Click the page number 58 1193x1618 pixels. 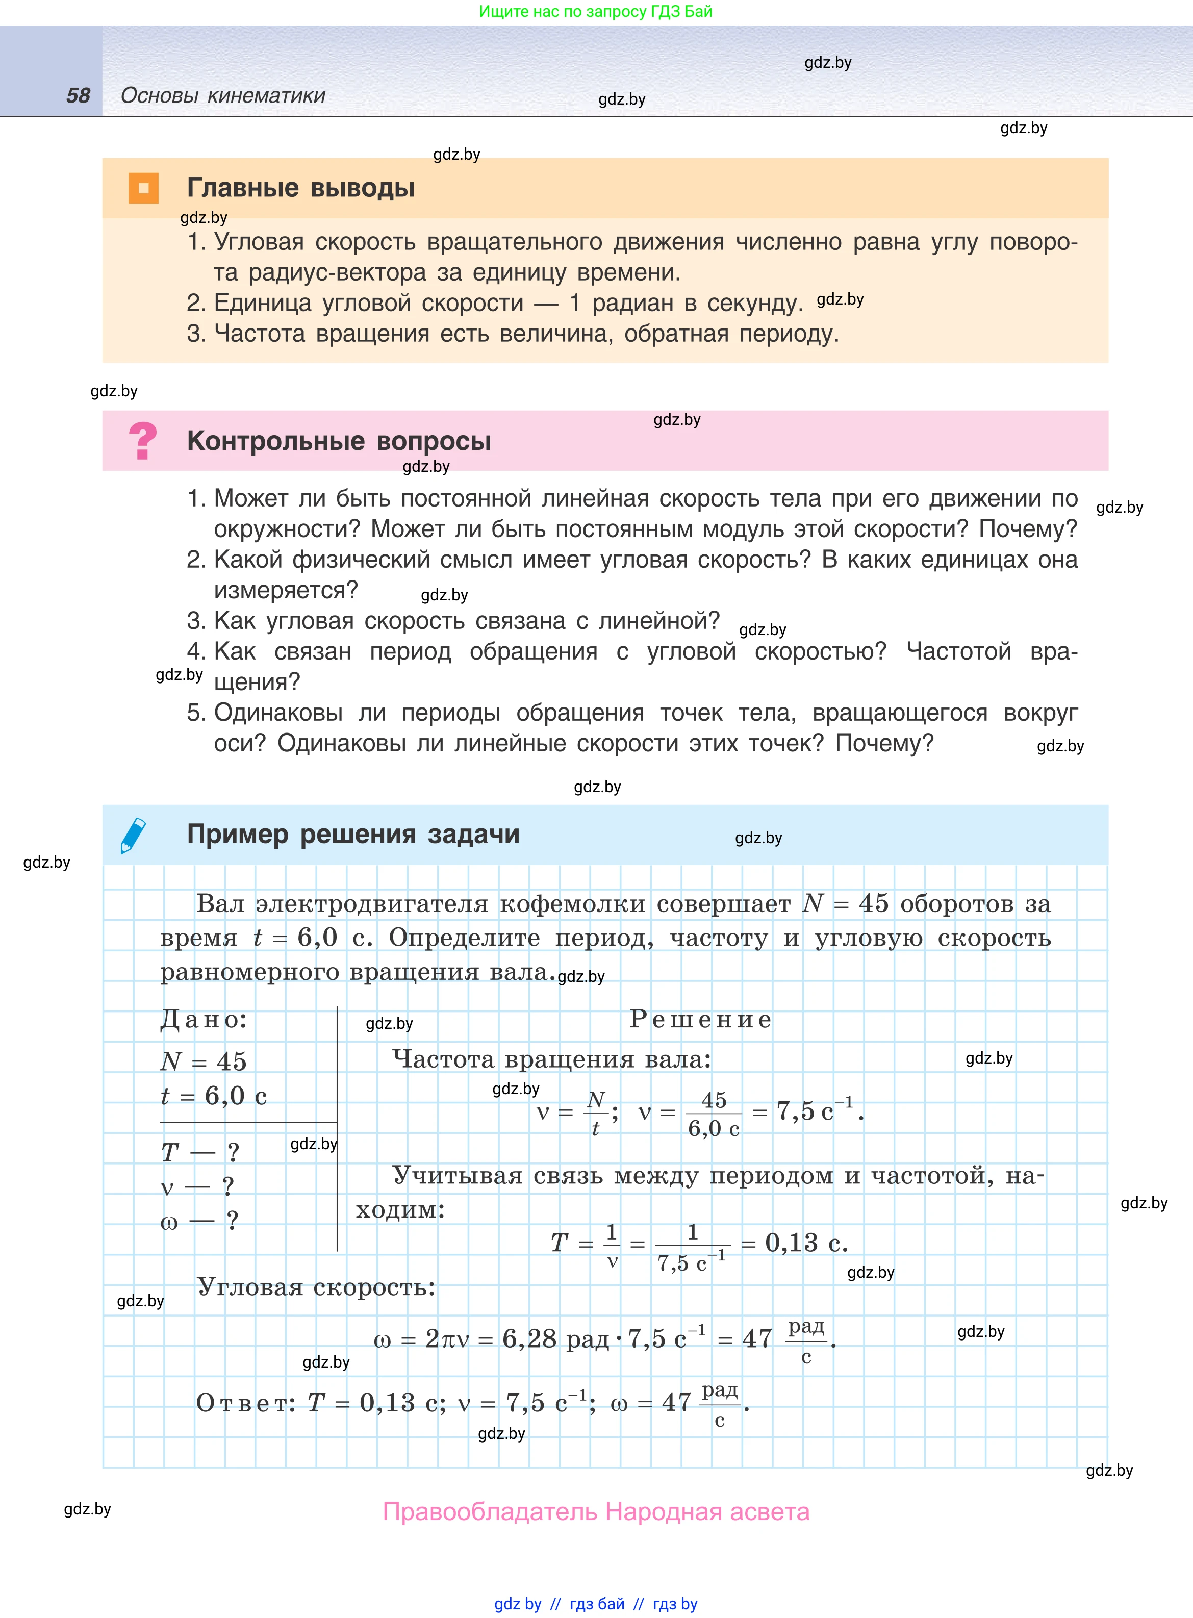click(x=78, y=95)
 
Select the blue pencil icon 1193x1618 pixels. click(x=133, y=836)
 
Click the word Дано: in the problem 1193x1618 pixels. click(x=204, y=1020)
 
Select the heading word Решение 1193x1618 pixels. click(x=700, y=1020)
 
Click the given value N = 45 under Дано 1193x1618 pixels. click(x=204, y=1061)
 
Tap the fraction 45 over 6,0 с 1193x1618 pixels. click(x=714, y=1114)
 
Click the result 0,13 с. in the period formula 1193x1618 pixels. click(x=806, y=1243)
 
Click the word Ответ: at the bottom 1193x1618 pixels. click(x=245, y=1403)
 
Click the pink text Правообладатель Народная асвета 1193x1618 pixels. click(x=596, y=1511)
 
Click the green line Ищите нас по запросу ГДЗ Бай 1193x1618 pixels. click(x=596, y=12)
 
